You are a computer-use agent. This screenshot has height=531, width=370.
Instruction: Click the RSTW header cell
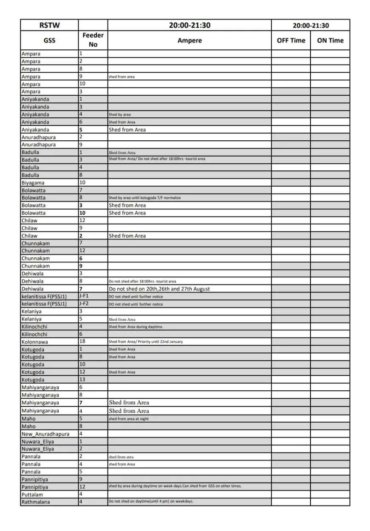point(49,25)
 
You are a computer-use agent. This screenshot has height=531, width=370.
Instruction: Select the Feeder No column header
point(93,40)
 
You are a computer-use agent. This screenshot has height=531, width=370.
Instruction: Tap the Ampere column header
point(189,40)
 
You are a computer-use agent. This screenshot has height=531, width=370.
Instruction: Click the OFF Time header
point(291,40)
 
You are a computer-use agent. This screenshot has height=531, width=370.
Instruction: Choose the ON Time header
point(330,40)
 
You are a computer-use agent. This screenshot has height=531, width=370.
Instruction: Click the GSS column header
point(49,40)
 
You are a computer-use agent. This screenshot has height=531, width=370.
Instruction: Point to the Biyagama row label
point(33,183)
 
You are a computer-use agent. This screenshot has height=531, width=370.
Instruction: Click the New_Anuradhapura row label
point(46,434)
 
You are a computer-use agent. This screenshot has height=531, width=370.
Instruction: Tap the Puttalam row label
point(32,494)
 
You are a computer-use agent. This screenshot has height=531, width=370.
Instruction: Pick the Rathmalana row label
point(36,502)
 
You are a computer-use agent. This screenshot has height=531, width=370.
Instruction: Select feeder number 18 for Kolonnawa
point(83,342)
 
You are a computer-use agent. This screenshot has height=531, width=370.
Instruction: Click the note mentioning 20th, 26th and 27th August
point(159,289)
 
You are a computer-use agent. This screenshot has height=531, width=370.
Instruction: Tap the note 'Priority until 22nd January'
point(145,342)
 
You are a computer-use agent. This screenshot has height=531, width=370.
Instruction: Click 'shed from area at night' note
point(128,419)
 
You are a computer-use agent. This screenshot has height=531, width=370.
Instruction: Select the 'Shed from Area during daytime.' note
point(136,327)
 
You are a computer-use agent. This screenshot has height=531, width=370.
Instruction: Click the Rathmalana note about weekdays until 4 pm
point(151,502)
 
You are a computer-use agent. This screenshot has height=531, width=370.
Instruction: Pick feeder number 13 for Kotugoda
point(83,380)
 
